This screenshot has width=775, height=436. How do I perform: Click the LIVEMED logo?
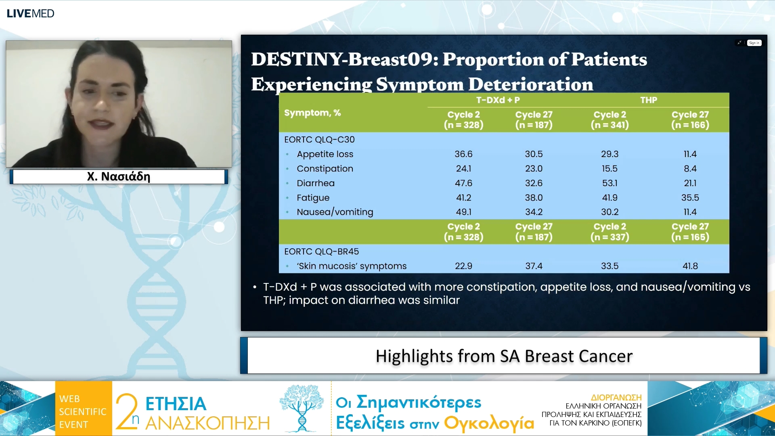pos(30,13)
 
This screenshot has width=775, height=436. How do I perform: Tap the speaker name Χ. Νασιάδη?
pos(119,176)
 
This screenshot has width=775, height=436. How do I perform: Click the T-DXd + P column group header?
pos(498,100)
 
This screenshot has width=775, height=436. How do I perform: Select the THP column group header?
pos(648,100)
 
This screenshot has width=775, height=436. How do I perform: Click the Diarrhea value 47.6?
pos(463,183)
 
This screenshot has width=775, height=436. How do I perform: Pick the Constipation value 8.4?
pos(690,169)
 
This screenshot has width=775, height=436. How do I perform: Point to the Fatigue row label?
pos(313,198)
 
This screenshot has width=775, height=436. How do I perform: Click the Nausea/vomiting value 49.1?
pos(463,212)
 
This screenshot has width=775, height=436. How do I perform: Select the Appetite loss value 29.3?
pos(610,154)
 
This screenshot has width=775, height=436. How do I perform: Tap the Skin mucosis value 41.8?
pos(690,266)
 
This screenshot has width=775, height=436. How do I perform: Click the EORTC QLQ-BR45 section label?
pos(321,252)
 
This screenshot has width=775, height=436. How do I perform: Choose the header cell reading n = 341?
pos(610,125)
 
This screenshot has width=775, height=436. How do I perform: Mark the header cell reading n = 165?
pos(690,237)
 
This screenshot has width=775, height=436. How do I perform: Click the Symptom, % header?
pos(312,113)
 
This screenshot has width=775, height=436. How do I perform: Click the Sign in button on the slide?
pos(754,43)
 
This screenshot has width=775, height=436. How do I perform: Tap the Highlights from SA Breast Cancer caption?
pos(504,356)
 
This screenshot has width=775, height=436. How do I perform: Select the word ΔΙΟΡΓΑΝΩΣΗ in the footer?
pos(616,397)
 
